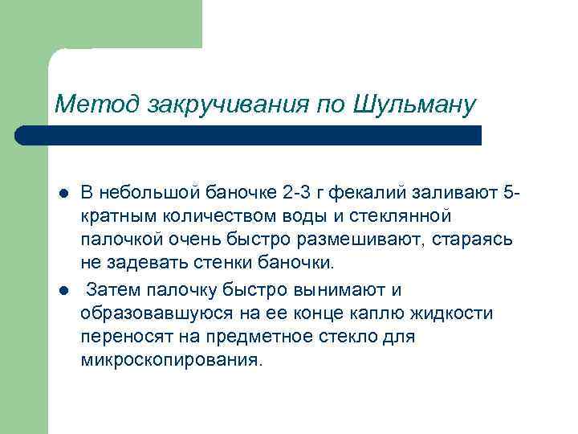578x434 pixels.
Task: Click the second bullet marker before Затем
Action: click(63, 289)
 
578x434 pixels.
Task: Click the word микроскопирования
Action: click(171, 360)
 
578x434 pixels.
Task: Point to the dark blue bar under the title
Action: click(257, 134)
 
